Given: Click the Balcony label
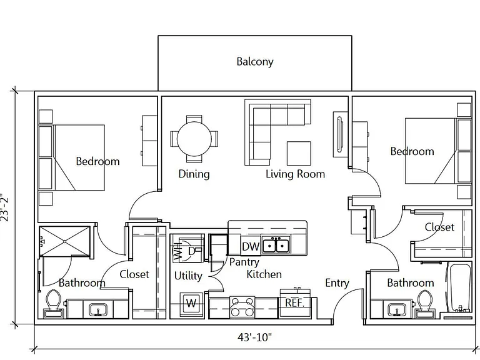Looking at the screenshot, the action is [x=255, y=61].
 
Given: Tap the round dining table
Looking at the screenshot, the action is [x=194, y=139].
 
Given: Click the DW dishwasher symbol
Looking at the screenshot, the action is [x=251, y=246].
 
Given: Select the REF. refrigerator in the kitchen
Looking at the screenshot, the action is [x=295, y=302].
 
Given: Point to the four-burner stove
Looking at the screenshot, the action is [x=242, y=307].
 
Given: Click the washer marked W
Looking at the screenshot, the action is [x=191, y=304].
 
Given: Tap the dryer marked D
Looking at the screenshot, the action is [x=191, y=251].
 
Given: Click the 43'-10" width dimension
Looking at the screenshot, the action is [x=255, y=337].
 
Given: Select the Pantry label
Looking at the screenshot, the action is [x=244, y=262].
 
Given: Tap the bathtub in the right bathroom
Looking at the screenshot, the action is [x=459, y=287].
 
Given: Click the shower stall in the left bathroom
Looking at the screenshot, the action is [x=65, y=241].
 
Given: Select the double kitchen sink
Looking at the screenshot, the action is [x=276, y=246].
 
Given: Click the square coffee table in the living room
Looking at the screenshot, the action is [x=299, y=153].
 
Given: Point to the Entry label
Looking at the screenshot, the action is [x=337, y=283].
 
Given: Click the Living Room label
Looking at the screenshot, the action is [x=295, y=174].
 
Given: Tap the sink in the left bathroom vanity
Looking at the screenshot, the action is [x=98, y=310].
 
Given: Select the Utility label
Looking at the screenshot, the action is [x=188, y=276].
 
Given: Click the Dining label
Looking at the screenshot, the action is [x=194, y=174].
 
